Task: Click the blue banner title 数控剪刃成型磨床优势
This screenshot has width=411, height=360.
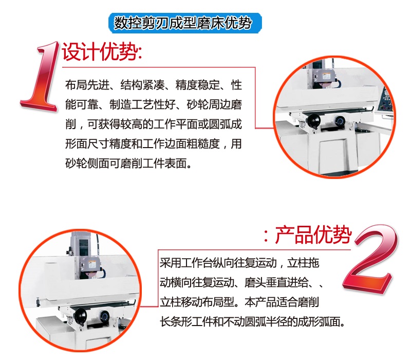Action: [x=183, y=23]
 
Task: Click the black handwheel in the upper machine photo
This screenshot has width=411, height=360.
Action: [x=313, y=121]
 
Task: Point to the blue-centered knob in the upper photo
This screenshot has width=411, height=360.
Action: [x=340, y=121]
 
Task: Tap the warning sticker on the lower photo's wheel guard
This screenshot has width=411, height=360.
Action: [x=92, y=264]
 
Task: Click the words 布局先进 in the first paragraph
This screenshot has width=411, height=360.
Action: [x=87, y=85]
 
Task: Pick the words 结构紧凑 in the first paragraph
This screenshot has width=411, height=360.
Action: [x=143, y=85]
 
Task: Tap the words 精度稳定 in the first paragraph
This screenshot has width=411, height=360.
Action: [x=198, y=85]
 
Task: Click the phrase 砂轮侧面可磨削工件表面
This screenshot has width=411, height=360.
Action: [x=126, y=164]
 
